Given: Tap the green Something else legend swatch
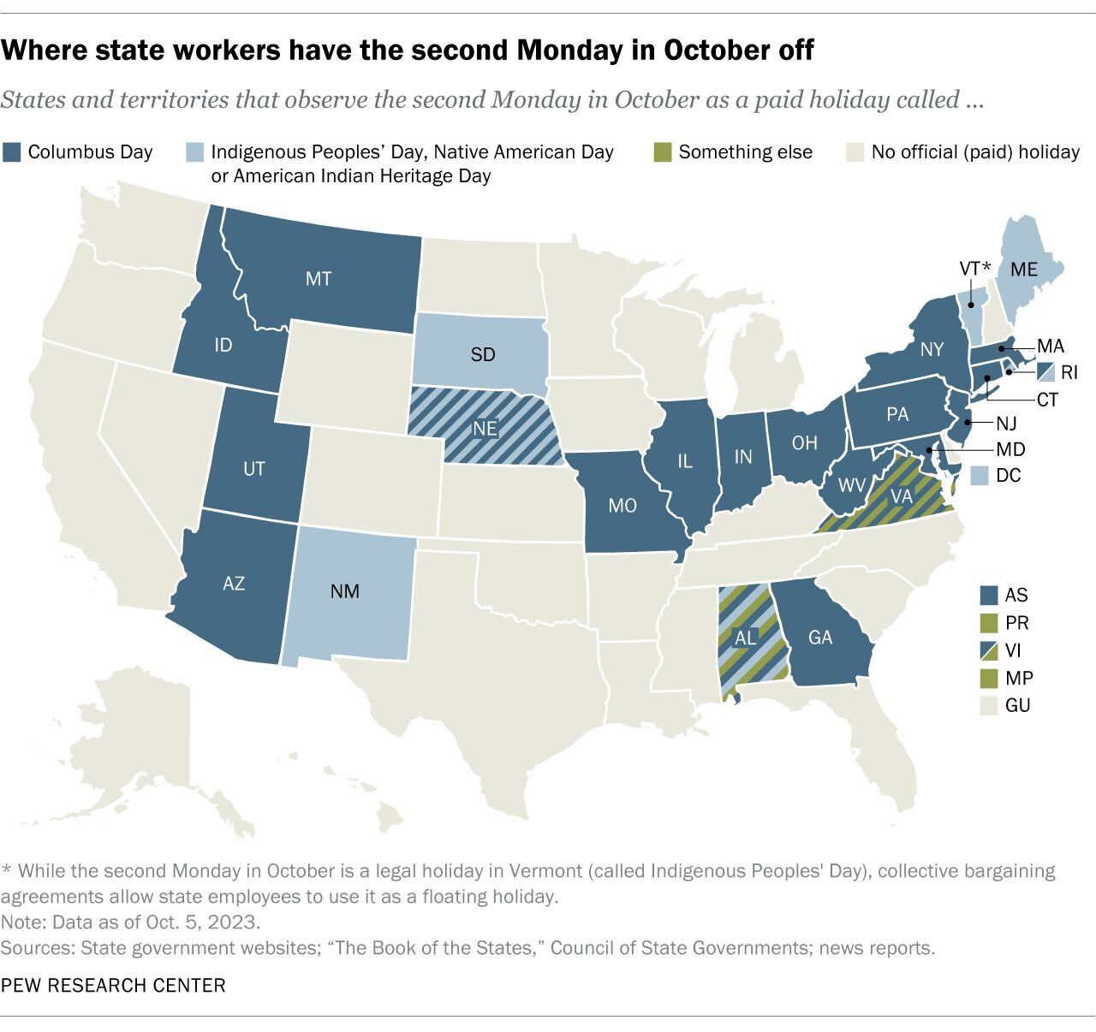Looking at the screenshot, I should coord(662,152).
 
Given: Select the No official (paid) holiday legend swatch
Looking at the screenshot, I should coord(855,152).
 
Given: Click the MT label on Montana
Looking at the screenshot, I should coord(318,278).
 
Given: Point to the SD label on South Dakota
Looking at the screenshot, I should coord(483,353).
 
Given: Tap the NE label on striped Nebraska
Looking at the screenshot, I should coord(485,427).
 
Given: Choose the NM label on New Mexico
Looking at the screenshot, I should coord(344,590).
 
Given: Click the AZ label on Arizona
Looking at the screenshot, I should coord(234,583).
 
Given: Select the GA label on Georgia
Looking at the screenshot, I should coord(820,638).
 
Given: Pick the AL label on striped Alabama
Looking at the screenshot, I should coord(746,638).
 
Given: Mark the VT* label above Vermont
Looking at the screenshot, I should coord(974,269).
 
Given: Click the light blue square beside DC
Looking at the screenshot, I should coord(981,475).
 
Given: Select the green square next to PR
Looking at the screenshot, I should coord(990,622).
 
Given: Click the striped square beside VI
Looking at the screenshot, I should coord(990,649).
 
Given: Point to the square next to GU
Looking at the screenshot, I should coord(990,705).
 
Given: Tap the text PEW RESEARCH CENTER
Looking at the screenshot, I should coord(113,985).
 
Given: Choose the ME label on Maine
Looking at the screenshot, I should coord(1023,270).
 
